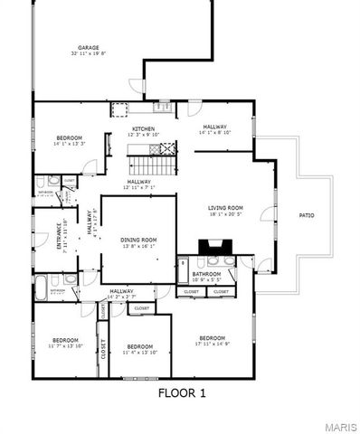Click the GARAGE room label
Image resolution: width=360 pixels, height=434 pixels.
click(x=88, y=48)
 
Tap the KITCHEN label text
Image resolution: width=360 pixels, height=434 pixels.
click(x=144, y=129)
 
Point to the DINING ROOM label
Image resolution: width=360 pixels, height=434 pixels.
click(x=138, y=239)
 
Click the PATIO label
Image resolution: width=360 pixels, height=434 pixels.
click(x=306, y=214)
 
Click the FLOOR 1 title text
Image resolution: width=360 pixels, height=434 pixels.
click(x=182, y=392)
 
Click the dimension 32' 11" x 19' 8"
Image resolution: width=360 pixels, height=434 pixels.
click(x=88, y=54)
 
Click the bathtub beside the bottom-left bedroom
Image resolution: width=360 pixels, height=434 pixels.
click(x=42, y=288)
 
